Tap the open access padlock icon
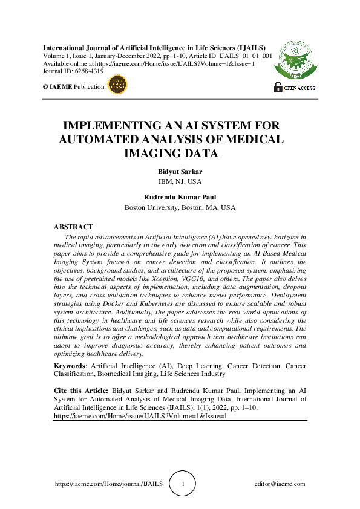coord(278,86)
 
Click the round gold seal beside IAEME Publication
coord(117,86)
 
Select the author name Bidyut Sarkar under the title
coord(180,172)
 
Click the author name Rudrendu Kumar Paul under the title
coord(180,197)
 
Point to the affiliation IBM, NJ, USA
coord(180,181)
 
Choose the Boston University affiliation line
coord(180,207)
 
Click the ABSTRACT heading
coord(73,227)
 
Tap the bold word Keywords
coord(70,366)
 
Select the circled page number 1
coord(183,484)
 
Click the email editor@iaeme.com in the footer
coord(280,484)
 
